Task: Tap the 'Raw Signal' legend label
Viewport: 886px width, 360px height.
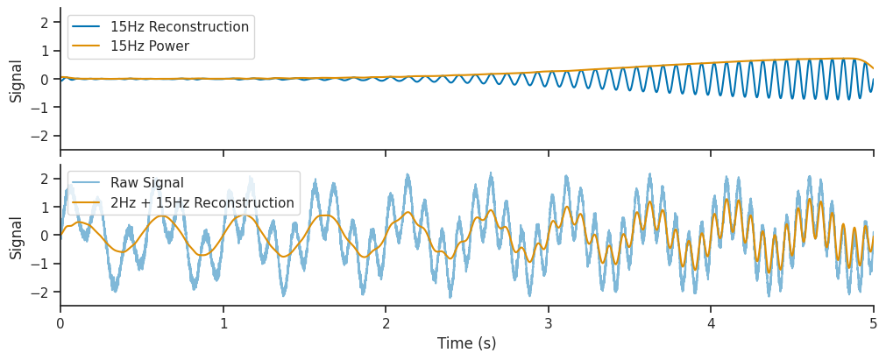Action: [146, 183]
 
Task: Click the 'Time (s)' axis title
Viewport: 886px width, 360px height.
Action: [466, 343]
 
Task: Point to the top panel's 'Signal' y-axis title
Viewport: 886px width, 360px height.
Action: [17, 81]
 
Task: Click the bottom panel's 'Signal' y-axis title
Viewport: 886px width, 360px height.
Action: [17, 236]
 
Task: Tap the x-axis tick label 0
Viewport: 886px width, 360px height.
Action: [60, 323]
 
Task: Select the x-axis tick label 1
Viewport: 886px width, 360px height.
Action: [223, 323]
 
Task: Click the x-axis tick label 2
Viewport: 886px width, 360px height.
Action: [386, 323]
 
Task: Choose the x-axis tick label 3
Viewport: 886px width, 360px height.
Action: [549, 323]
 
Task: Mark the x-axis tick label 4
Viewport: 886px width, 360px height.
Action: [711, 323]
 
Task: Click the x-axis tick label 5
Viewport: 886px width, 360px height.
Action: [874, 323]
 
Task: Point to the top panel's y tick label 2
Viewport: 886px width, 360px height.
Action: [44, 22]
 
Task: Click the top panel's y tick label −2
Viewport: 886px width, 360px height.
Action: [40, 136]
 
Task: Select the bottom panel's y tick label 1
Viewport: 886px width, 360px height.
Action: [44, 207]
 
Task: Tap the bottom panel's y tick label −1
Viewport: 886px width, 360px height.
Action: [40, 264]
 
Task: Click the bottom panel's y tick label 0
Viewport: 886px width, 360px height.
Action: [44, 236]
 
